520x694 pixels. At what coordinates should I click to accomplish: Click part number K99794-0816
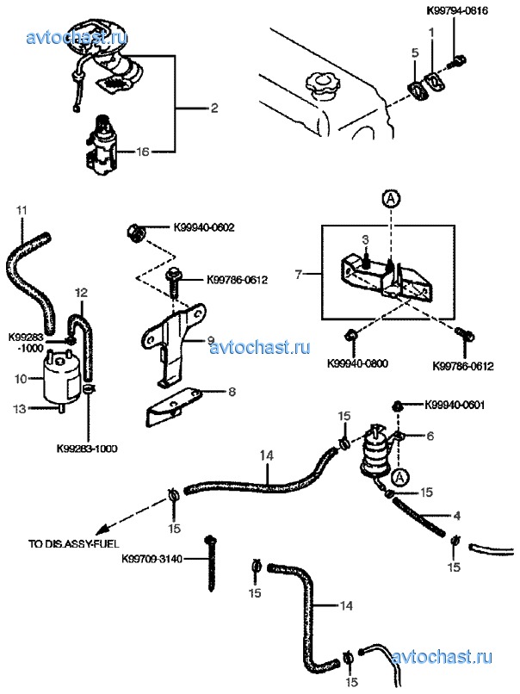pyautogui.click(x=457, y=10)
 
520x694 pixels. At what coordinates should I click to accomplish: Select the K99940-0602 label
pyautogui.click(x=203, y=228)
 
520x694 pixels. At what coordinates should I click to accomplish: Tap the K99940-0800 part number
pyautogui.click(x=357, y=364)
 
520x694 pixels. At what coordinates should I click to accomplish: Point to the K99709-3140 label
pyautogui.click(x=152, y=560)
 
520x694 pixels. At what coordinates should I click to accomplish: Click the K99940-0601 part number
pyautogui.click(x=455, y=405)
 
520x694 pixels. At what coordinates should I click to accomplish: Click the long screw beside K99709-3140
pyautogui.click(x=211, y=564)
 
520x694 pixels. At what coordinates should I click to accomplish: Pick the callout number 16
pyautogui.click(x=143, y=152)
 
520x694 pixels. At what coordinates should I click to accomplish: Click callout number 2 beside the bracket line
pyautogui.click(x=214, y=108)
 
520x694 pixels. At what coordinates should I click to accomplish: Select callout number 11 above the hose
pyautogui.click(x=22, y=211)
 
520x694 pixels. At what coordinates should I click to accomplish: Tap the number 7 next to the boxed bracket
pyautogui.click(x=298, y=275)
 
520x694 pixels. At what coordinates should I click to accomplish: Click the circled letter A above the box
pyautogui.click(x=391, y=200)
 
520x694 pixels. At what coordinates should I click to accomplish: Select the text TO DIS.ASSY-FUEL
pyautogui.click(x=73, y=543)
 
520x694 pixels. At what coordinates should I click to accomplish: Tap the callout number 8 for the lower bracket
pyautogui.click(x=232, y=392)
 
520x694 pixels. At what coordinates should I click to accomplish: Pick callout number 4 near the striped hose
pyautogui.click(x=457, y=515)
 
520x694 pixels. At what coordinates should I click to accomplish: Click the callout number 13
pyautogui.click(x=20, y=409)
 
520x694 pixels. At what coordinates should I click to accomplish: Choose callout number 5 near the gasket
pyautogui.click(x=415, y=53)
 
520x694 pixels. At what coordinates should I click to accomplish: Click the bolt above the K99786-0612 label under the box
pyautogui.click(x=465, y=335)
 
